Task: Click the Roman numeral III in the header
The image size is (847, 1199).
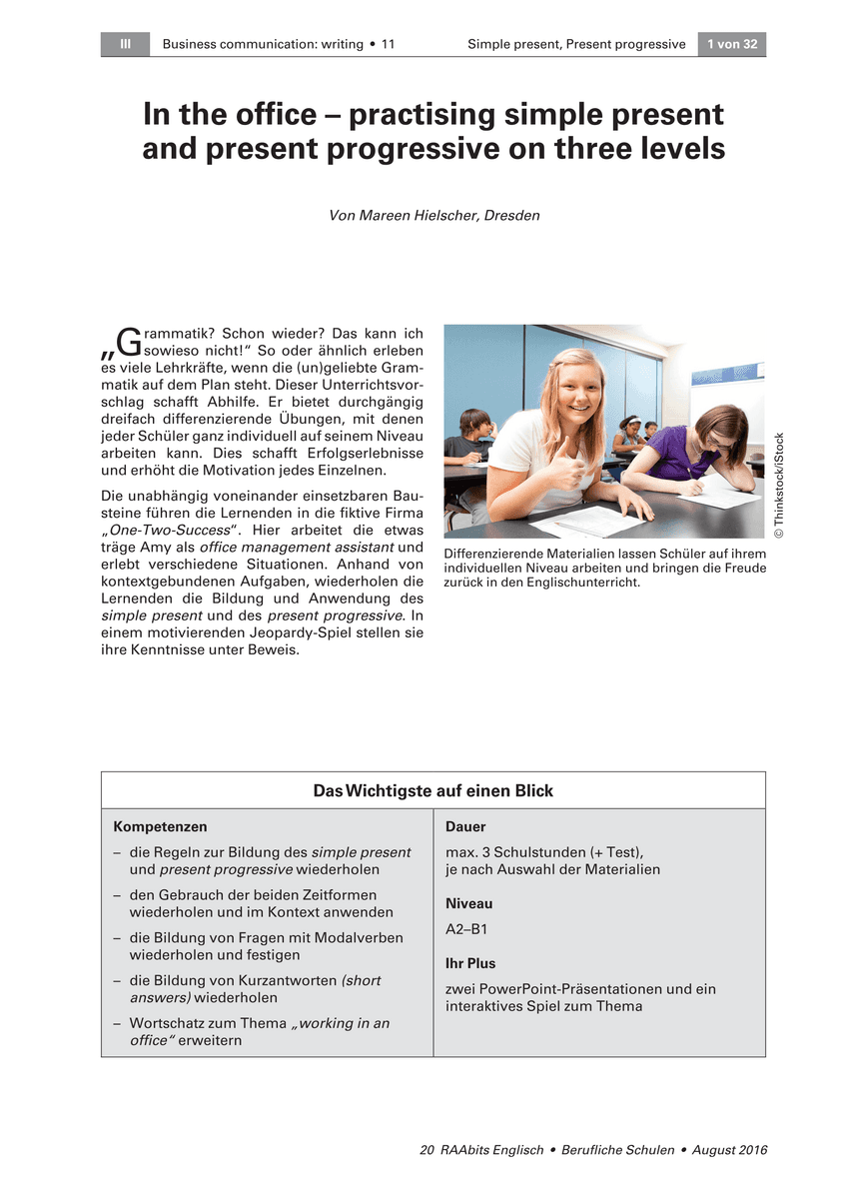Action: (x=125, y=44)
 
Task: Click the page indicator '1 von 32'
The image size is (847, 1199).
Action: (x=732, y=44)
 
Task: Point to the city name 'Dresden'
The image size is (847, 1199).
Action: (x=511, y=215)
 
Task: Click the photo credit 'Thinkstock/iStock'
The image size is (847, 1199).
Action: (x=779, y=486)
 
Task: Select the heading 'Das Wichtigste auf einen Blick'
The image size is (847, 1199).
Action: (x=432, y=790)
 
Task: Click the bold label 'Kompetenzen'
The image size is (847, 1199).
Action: (x=161, y=827)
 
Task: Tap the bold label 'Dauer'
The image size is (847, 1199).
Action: (x=465, y=827)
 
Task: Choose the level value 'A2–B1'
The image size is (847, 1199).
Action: (x=466, y=928)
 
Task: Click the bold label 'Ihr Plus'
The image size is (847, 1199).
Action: (x=470, y=964)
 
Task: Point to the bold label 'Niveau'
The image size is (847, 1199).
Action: (x=468, y=903)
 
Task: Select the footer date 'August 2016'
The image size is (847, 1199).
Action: (x=727, y=1151)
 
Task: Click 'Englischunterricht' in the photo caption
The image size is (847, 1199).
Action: (x=562, y=583)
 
